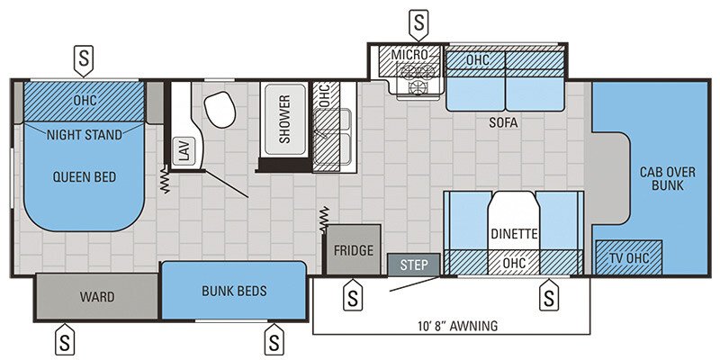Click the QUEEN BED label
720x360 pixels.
84,176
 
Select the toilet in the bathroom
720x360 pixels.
219,111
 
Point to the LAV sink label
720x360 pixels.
184,151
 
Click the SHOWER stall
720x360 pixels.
284,120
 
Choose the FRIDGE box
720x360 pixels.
354,250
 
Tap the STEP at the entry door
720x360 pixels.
414,265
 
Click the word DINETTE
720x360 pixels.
515,234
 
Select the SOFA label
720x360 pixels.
504,122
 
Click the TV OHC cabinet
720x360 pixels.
630,257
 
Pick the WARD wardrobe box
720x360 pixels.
96,296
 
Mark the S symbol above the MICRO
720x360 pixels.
418,20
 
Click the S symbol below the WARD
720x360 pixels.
66,340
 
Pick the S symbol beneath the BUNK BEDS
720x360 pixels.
274,340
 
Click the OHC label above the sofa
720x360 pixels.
477,59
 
